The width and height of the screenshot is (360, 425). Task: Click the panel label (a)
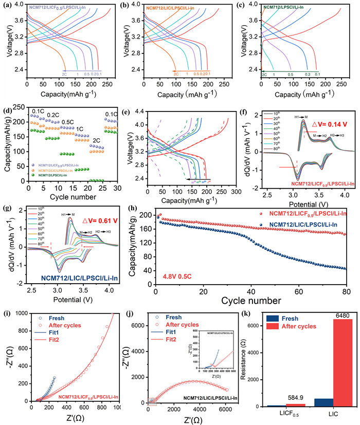[x=7, y=6]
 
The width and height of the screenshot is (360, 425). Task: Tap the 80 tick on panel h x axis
[x=346, y=291]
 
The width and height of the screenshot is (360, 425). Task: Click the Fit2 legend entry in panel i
[x=46, y=342]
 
